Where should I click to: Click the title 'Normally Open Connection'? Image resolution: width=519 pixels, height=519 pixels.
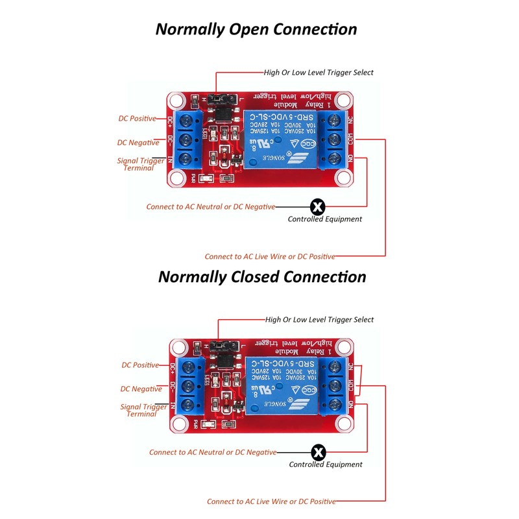pos(256,29)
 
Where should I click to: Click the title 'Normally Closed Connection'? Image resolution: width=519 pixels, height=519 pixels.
pos(262,277)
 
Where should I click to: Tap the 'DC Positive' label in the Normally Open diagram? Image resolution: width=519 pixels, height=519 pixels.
pos(137,119)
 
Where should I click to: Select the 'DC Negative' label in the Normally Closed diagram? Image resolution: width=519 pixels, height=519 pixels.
pos(141,389)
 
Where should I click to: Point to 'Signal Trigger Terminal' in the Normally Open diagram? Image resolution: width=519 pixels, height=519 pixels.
pos(138,163)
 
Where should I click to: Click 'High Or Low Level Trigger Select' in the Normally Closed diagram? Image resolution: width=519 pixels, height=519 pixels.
pos(319,319)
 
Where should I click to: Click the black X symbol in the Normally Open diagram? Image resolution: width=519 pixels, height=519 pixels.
pos(317,207)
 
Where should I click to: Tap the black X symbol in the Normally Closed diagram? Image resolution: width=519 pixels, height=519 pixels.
pos(318,452)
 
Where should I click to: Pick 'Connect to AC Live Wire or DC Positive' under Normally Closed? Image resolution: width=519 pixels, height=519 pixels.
pos(271,501)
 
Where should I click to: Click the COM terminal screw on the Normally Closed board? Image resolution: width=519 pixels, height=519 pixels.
pos(338,385)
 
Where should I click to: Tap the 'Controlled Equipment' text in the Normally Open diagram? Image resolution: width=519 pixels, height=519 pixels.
pos(324,219)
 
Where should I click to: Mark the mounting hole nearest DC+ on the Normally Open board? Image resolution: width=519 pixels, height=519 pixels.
pos(176,101)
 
